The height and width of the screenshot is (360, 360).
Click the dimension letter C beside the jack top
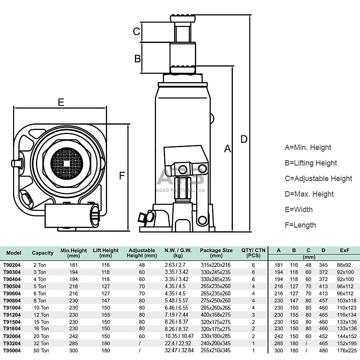(x=137, y=31)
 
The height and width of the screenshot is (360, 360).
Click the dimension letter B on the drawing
(x=138, y=58)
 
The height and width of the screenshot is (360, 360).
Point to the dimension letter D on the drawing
(x=244, y=139)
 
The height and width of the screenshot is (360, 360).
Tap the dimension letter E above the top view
(x=61, y=102)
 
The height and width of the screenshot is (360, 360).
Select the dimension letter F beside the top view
(x=121, y=176)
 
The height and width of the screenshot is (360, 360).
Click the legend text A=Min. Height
(x=308, y=148)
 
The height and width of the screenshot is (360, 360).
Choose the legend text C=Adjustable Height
(x=318, y=179)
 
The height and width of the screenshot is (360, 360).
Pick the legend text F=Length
(x=300, y=225)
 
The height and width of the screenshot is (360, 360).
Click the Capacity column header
(x=42, y=253)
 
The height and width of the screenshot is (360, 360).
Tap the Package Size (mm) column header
(x=216, y=253)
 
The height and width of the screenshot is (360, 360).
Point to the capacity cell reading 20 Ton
(x=40, y=336)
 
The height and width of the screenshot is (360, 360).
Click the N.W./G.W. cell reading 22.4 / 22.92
(x=178, y=344)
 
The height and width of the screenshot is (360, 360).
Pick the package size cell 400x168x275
(x=216, y=315)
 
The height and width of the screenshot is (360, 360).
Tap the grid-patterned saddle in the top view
(x=67, y=163)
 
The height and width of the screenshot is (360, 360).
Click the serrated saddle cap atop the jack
(x=183, y=19)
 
